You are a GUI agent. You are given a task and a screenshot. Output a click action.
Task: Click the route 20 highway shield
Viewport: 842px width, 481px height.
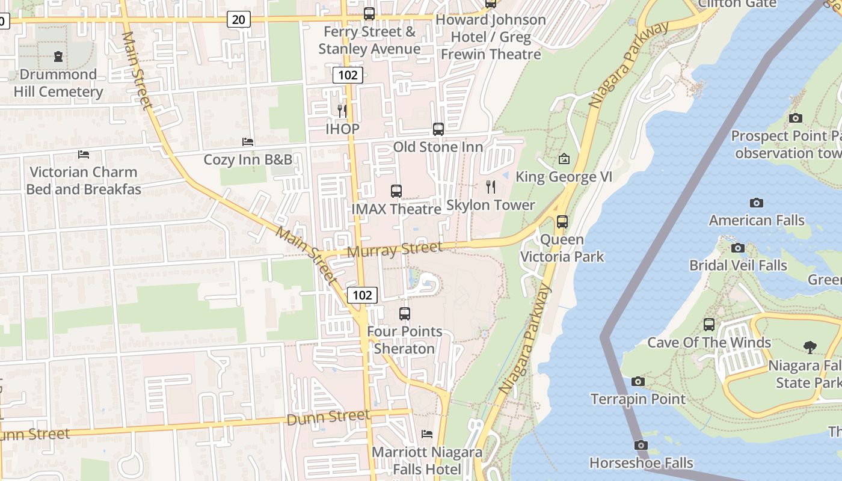point(239,20)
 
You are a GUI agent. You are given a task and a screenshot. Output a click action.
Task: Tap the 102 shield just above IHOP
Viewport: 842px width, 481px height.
point(348,75)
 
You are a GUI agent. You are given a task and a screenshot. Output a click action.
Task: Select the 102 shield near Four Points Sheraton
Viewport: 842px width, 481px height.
point(362,295)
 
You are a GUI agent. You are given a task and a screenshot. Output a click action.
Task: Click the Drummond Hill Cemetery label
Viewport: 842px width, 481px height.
point(58,83)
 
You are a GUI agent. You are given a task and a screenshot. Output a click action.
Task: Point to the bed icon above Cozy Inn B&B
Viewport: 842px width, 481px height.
point(248,142)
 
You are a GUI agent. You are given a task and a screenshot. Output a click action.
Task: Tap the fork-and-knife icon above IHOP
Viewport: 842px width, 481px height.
point(342,111)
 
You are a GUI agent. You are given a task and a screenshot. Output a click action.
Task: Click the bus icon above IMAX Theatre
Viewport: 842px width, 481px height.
point(396,191)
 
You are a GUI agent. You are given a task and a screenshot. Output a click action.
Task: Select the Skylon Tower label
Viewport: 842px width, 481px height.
point(490,205)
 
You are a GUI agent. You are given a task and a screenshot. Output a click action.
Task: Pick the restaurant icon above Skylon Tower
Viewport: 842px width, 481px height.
point(491,187)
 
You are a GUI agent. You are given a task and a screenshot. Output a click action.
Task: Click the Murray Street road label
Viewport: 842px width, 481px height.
point(395,249)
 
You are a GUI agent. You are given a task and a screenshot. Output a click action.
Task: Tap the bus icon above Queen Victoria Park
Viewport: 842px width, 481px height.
point(562,222)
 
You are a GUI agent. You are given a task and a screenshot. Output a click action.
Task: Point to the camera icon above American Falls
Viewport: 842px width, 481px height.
point(757,203)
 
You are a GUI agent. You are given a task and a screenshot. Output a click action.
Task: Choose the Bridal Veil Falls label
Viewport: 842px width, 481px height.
point(738,265)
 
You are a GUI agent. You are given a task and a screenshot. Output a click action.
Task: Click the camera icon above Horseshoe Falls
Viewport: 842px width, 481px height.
point(641,446)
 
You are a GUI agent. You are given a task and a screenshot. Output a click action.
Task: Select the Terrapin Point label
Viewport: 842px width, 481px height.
point(638,399)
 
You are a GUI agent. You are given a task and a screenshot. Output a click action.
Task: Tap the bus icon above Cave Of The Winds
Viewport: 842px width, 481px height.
point(709,325)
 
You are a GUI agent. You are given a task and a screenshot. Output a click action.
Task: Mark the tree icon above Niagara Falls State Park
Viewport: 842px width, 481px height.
point(810,347)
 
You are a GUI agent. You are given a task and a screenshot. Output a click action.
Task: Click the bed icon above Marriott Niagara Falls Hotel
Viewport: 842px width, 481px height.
point(427,434)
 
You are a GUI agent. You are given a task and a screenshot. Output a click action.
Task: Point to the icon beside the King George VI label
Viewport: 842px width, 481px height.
point(564,159)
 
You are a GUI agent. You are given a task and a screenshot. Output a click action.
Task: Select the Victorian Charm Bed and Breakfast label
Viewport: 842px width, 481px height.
point(84,180)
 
